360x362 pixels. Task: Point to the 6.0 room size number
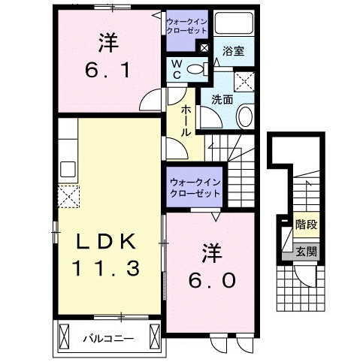point(213,279)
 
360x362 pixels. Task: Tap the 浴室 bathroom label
point(233,52)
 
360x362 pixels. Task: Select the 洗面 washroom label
point(222,98)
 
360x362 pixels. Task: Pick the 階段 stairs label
point(305,224)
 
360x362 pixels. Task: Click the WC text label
point(175,70)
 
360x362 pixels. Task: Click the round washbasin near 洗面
point(246,117)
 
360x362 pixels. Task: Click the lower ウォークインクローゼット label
point(195,186)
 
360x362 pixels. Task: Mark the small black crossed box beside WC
point(204,48)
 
